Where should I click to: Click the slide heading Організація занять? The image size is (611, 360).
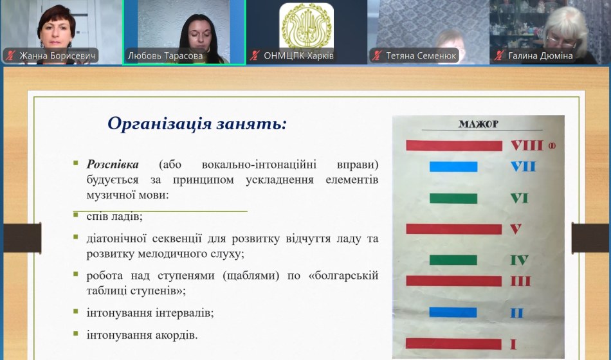pyautogui.click(x=197, y=124)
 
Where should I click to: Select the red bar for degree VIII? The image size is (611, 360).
pyautogui.click(x=454, y=145)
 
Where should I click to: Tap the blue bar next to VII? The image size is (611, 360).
pyautogui.click(x=453, y=166)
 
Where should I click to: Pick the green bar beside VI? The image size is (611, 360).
pyautogui.click(x=453, y=198)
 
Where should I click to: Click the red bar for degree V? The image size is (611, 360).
pyautogui.click(x=454, y=229)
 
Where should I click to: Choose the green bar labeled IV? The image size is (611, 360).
pyautogui.click(x=453, y=260)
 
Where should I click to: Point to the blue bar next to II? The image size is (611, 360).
pyautogui.click(x=453, y=312)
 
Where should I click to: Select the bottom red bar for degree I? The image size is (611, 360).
pyautogui.click(x=453, y=344)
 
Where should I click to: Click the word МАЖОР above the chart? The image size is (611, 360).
pyautogui.click(x=479, y=124)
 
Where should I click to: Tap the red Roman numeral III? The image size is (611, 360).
pyautogui.click(x=520, y=281)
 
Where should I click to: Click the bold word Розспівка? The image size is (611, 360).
pyautogui.click(x=113, y=165)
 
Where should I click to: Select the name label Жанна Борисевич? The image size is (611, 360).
pyautogui.click(x=57, y=56)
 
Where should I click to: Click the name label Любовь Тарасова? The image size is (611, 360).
pyautogui.click(x=165, y=56)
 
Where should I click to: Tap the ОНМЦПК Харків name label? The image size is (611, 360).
pyautogui.click(x=298, y=56)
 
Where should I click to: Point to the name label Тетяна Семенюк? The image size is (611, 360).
pyautogui.click(x=421, y=56)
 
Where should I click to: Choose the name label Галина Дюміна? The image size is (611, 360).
pyautogui.click(x=540, y=56)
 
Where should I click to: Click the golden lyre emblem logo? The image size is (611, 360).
pyautogui.click(x=306, y=26)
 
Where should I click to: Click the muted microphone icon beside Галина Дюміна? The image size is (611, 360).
pyautogui.click(x=499, y=56)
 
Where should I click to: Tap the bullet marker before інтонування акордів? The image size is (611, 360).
pyautogui.click(x=76, y=334)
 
